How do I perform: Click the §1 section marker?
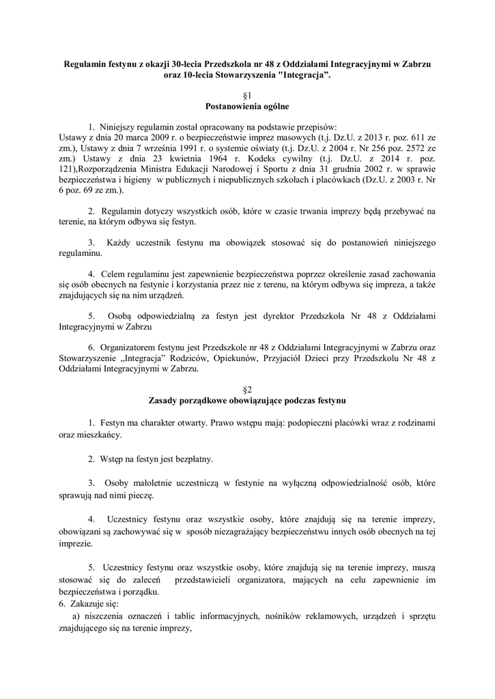click(247, 95)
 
